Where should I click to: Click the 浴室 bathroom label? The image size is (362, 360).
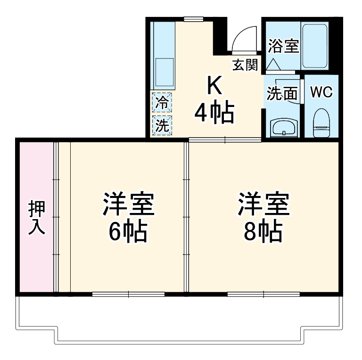coord(284,46)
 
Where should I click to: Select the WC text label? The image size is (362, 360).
coord(321,92)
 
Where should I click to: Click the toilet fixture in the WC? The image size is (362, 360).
coord(321,123)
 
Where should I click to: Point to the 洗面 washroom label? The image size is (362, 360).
coord(282,94)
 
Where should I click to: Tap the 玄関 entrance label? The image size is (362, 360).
coord(245,65)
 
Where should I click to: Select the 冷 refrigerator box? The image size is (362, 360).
coord(162,102)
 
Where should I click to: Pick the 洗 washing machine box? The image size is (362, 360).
coord(162,125)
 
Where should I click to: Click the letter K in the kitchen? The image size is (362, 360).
coord(214,86)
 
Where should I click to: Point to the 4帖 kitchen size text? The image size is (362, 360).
coord(214,113)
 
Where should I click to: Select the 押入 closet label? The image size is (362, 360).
coord(36,217)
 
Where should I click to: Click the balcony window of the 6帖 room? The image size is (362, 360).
coord(129,294)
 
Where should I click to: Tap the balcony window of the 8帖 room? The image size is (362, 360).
coord(263,294)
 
